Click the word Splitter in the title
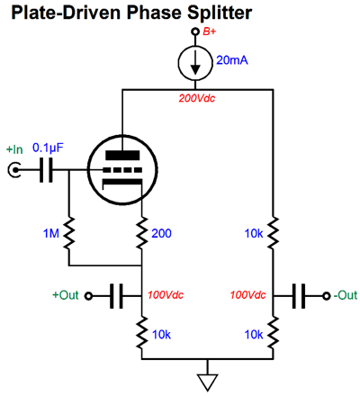(x=220, y=13)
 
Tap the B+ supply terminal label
(x=209, y=31)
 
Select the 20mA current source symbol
(x=195, y=63)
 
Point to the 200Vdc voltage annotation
(x=197, y=98)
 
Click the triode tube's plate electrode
(x=122, y=155)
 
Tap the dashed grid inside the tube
(x=122, y=170)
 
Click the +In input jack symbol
(x=14, y=170)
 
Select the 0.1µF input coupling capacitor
(x=46, y=170)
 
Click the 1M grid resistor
(x=69, y=232)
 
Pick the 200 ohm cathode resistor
(x=142, y=232)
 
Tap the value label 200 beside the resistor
(x=161, y=233)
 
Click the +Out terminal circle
(x=88, y=296)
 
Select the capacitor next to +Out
(x=116, y=296)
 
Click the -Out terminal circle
(x=327, y=296)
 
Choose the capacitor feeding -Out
(x=299, y=296)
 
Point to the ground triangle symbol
(x=207, y=382)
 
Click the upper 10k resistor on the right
(x=273, y=232)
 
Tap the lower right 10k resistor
(x=273, y=332)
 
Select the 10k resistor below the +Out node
(x=142, y=332)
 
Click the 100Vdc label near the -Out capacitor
(x=248, y=295)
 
